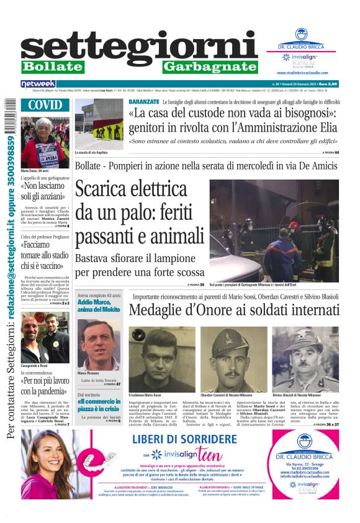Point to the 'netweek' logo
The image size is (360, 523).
pos(38,83)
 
